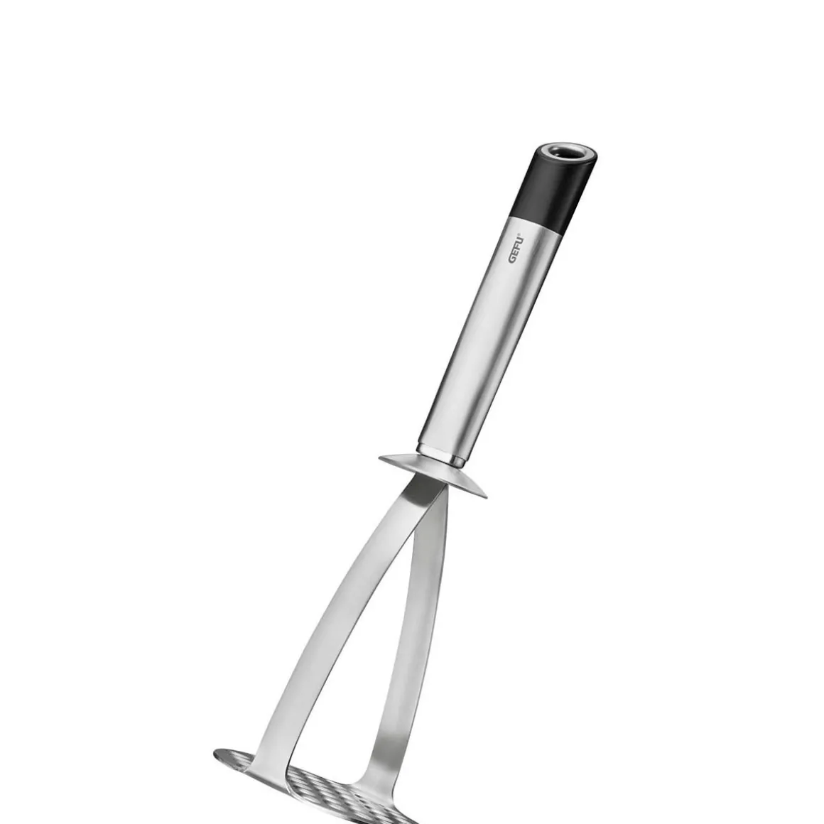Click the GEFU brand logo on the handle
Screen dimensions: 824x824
(x=516, y=249)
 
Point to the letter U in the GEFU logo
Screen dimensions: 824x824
(x=520, y=240)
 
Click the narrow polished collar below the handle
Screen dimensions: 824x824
(x=440, y=455)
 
